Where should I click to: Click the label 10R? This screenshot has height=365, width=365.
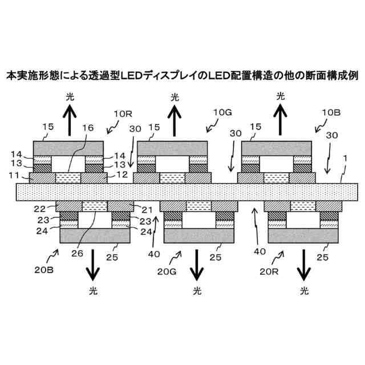click(122, 114)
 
